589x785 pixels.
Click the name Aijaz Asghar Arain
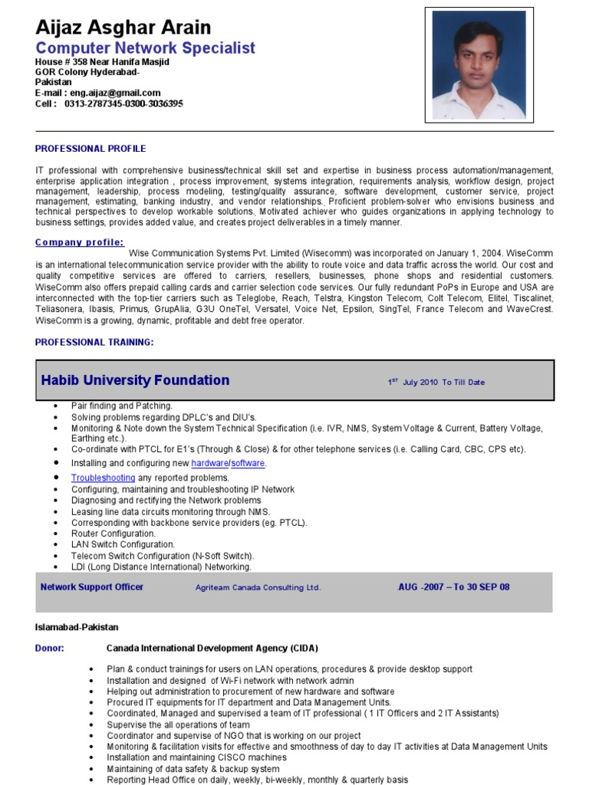click(123, 28)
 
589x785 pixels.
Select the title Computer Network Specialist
click(145, 48)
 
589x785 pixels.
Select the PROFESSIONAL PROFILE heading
click(90, 149)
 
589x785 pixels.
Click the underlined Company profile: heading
click(79, 242)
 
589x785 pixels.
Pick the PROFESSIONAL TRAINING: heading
click(94, 343)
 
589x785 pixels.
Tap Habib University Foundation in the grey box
click(135, 380)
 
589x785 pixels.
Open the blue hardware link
click(209, 464)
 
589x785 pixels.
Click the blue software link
click(248, 464)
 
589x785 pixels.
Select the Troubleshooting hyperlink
click(103, 478)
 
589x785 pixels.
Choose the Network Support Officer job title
click(92, 587)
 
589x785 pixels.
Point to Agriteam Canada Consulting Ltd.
click(258, 588)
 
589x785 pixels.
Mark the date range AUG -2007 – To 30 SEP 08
click(454, 587)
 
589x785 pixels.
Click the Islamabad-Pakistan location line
click(77, 627)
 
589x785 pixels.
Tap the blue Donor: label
click(50, 648)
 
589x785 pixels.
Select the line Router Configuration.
click(114, 534)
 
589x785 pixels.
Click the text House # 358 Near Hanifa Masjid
click(102, 61)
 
